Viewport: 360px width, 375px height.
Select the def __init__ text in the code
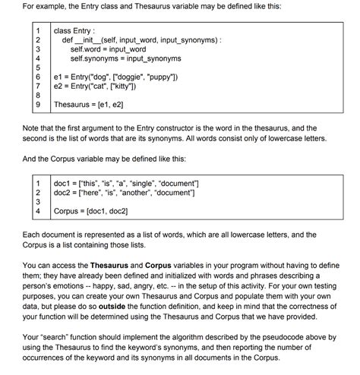81,39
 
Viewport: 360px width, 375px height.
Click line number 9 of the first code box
37,106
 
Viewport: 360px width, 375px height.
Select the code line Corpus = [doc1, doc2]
90,213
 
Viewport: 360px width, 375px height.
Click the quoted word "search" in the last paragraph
48,338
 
